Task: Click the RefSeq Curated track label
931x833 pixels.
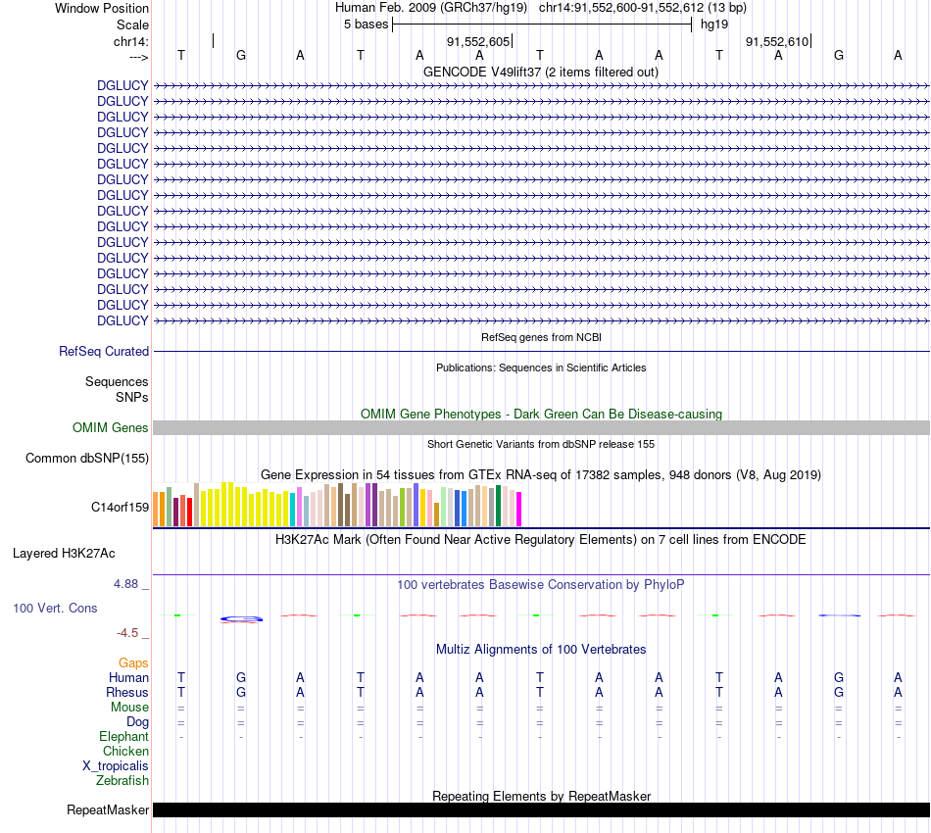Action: click(104, 351)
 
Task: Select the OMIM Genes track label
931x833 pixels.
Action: click(111, 427)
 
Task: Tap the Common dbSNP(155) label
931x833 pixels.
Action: click(87, 458)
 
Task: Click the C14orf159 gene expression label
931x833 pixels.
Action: click(120, 507)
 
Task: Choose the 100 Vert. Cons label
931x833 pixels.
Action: click(55, 608)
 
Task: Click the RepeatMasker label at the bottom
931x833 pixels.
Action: click(108, 809)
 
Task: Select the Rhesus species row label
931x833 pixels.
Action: click(126, 692)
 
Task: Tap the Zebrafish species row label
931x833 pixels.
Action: click(122, 780)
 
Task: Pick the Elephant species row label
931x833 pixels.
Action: click(123, 736)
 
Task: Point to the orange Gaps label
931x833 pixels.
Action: click(133, 662)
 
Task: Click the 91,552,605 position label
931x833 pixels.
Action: click(478, 41)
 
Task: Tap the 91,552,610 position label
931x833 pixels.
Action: click(777, 41)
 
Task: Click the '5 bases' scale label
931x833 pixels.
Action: click(366, 24)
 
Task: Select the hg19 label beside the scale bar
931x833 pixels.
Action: click(713, 24)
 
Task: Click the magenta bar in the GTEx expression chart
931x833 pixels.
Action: click(518, 509)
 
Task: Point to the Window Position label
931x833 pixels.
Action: click(102, 8)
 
